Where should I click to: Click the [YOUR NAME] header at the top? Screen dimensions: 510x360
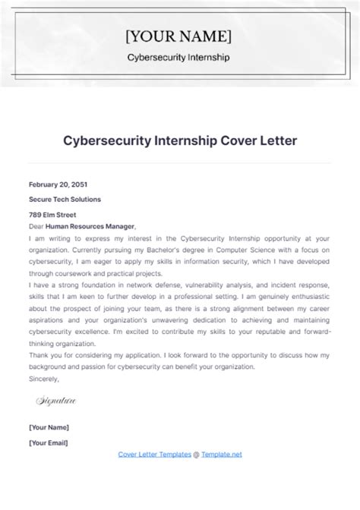tap(179, 36)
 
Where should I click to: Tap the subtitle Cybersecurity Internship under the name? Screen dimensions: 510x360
tap(179, 58)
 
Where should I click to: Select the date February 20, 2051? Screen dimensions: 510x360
tap(58, 184)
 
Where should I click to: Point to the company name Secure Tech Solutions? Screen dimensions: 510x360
tap(65, 199)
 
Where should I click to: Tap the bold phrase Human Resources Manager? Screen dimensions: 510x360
tap(90, 225)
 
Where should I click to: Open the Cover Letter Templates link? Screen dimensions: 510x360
tap(154, 454)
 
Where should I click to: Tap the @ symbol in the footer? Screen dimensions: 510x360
tap(195, 454)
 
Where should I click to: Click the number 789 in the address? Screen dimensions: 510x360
tap(36, 214)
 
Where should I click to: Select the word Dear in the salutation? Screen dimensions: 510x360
tap(36, 225)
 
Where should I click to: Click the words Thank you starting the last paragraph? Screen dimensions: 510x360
tap(45, 353)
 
